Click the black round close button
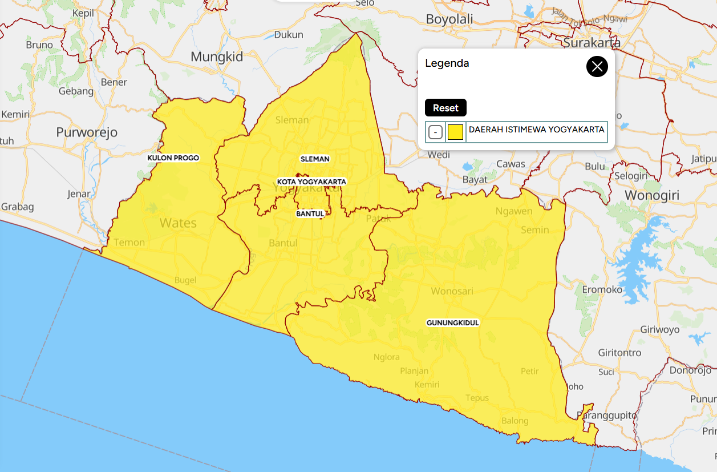[x=597, y=67]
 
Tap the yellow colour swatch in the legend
[x=455, y=132]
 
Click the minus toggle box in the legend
[x=435, y=132]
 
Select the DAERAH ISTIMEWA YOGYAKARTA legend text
[x=536, y=130]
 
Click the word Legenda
[x=447, y=63]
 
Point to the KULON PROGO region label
[x=173, y=158]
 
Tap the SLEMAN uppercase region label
[x=315, y=159]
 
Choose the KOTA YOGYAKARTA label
[x=311, y=181]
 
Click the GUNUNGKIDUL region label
[x=453, y=322]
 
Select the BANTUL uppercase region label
[x=310, y=214]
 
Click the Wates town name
[x=178, y=223]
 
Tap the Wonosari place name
[x=452, y=291]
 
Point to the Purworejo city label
[x=87, y=132]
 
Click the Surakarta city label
[x=592, y=42]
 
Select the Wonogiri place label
[x=652, y=196]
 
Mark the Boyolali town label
[x=449, y=19]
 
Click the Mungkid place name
[x=217, y=57]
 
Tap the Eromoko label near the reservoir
[x=602, y=289]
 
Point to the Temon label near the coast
[x=129, y=242]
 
